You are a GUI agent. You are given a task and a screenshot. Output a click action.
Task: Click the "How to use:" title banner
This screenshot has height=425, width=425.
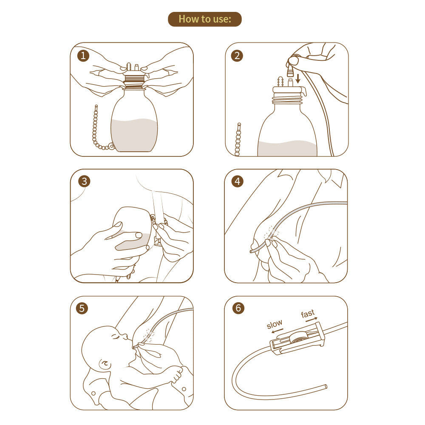pyautogui.click(x=205, y=19)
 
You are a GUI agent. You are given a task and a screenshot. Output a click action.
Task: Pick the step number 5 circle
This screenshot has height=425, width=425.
pyautogui.click(x=82, y=308)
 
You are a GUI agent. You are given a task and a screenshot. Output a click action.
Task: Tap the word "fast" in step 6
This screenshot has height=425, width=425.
pyautogui.click(x=308, y=314)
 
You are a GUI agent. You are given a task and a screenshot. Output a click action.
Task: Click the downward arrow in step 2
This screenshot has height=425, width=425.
pyautogui.click(x=298, y=78)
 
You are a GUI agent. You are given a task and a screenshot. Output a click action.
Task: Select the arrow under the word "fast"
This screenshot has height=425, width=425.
pyautogui.click(x=311, y=319)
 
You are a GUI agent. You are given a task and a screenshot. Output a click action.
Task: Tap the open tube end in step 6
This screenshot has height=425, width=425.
pyautogui.click(x=326, y=387)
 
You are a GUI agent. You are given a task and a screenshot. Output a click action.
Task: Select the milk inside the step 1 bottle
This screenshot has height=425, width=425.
pyautogui.click(x=134, y=135)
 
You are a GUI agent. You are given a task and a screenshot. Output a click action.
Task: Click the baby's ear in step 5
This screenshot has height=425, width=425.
pyautogui.click(x=103, y=364)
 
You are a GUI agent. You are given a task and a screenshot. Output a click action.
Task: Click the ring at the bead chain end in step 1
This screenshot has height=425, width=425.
pyautogui.click(x=111, y=147)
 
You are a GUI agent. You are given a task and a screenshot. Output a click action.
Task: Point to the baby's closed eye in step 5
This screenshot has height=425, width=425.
pyautogui.click(x=115, y=337)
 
